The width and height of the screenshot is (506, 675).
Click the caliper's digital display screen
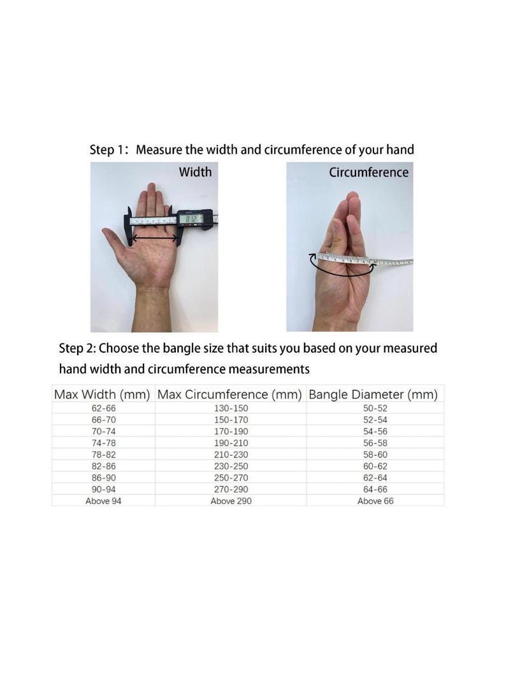click(191, 219)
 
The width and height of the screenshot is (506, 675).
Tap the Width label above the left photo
click(195, 172)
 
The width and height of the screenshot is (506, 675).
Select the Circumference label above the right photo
click(368, 172)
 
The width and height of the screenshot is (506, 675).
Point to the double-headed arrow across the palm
click(155, 237)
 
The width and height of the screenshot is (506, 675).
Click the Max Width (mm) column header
click(102, 394)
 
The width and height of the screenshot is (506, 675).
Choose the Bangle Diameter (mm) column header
click(373, 394)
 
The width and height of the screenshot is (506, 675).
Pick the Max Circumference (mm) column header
click(229, 394)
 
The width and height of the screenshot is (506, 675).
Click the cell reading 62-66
click(104, 408)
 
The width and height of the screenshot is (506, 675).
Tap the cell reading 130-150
click(231, 408)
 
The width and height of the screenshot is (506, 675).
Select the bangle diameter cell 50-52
click(375, 408)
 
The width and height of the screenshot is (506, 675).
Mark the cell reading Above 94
click(103, 501)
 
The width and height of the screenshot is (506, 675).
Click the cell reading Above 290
click(231, 501)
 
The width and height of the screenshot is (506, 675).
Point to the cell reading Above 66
click(375, 501)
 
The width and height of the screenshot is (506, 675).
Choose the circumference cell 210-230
click(231, 454)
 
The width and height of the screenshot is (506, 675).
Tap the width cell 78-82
click(104, 454)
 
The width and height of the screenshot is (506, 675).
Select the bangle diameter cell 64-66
click(375, 489)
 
